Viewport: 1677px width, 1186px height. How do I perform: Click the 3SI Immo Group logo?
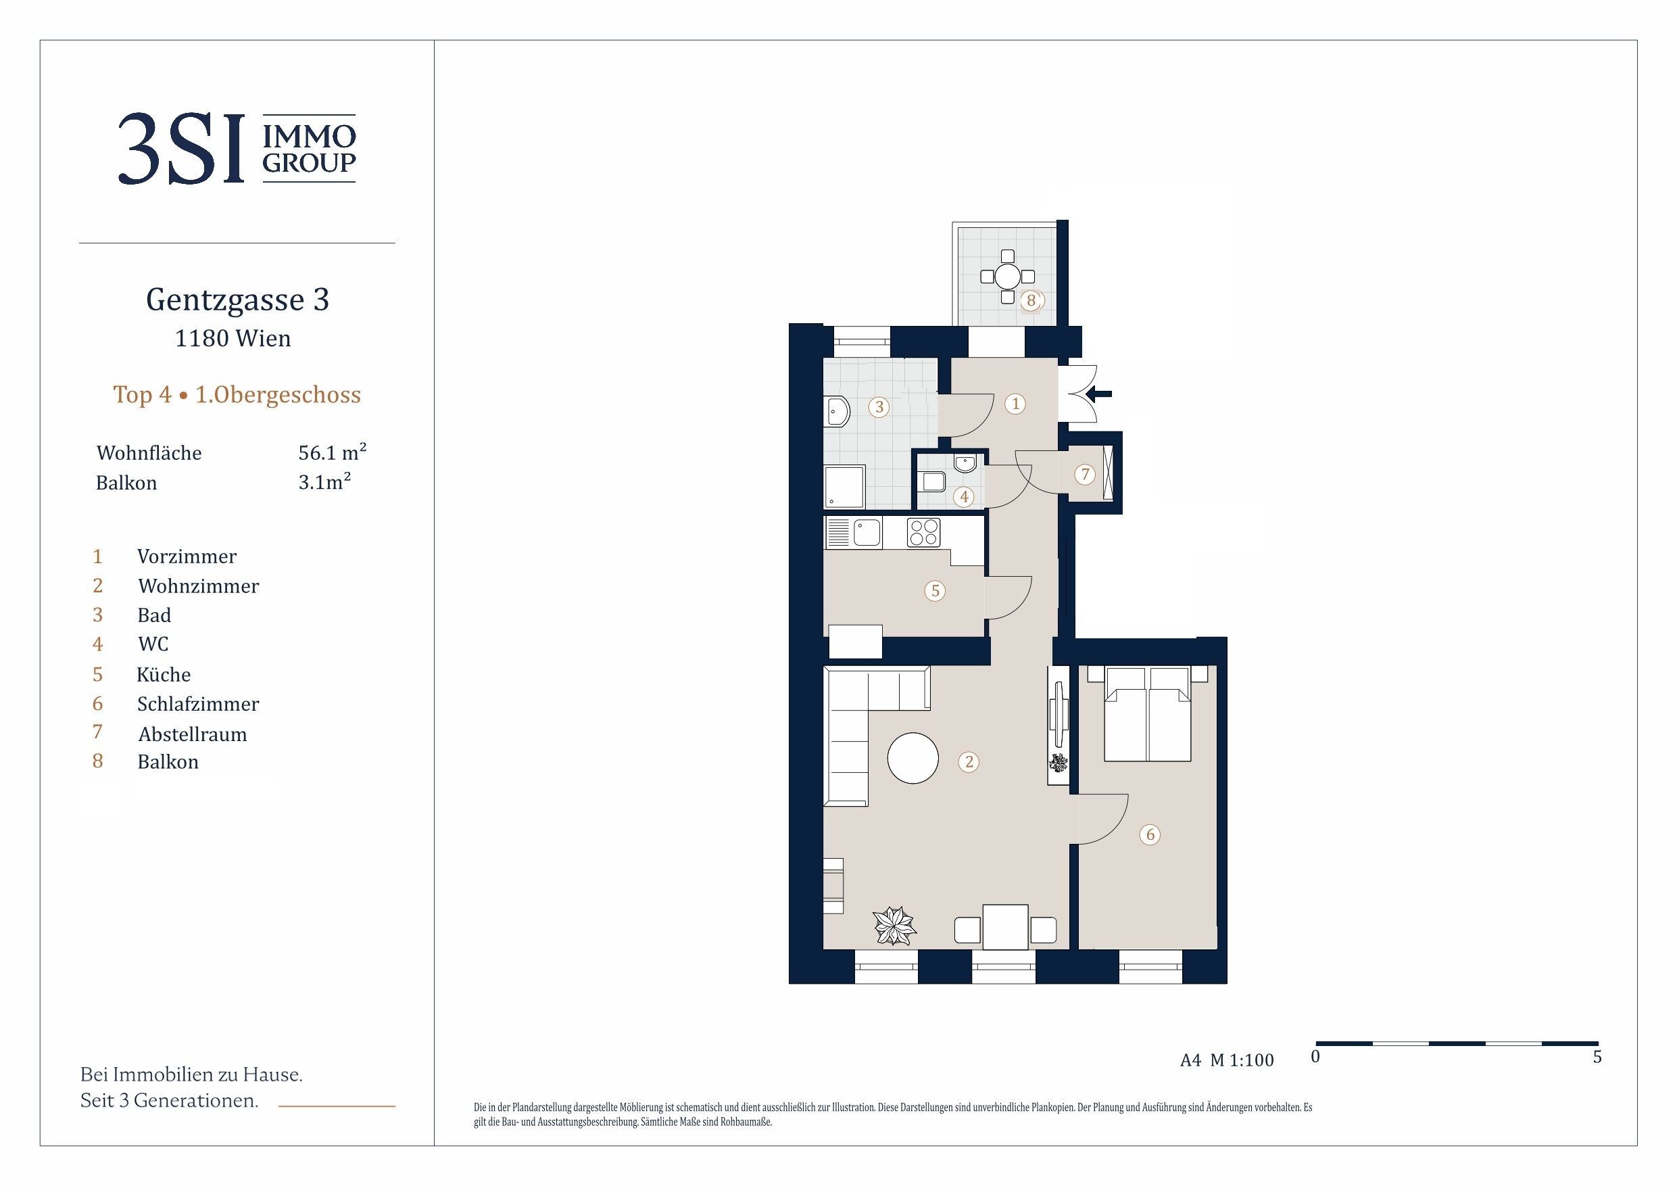(x=237, y=148)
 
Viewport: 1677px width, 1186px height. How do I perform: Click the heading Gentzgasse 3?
(x=237, y=300)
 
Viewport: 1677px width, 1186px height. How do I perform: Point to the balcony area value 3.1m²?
(x=325, y=481)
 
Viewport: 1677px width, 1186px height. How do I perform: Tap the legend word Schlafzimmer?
(x=198, y=704)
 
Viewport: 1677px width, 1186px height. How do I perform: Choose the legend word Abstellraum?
(x=192, y=734)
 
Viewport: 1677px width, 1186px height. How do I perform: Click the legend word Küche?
(x=164, y=673)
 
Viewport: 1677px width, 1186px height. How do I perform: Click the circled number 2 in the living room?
(x=969, y=762)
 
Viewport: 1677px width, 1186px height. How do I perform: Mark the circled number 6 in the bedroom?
(x=1150, y=834)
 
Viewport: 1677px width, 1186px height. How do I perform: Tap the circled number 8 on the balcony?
(x=1031, y=300)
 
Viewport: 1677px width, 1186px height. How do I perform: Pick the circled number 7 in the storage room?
(x=1085, y=474)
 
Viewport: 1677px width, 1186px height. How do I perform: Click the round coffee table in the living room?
(x=913, y=758)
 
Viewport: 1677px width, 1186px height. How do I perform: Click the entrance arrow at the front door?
(x=1098, y=394)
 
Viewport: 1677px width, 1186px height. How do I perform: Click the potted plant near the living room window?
(x=895, y=926)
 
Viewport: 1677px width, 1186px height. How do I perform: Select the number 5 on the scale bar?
(x=1597, y=1057)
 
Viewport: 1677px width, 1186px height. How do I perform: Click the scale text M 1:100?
(x=1242, y=1060)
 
